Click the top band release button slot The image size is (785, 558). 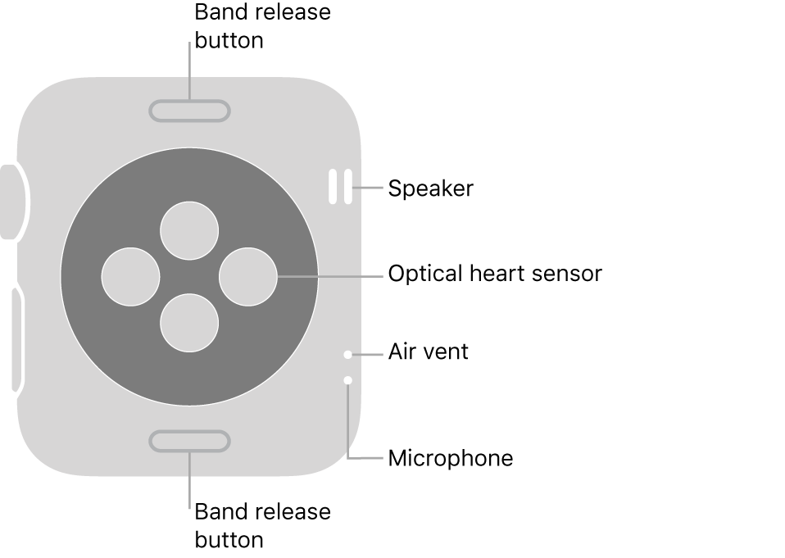click(189, 111)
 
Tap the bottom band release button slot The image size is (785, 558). click(189, 442)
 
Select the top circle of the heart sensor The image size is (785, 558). click(189, 230)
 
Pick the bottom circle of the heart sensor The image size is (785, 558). click(189, 323)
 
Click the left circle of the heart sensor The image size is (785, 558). click(130, 276)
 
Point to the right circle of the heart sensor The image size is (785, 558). click(249, 276)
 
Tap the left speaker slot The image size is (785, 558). click(334, 187)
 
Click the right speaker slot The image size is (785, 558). click(348, 187)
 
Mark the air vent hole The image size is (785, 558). click(348, 355)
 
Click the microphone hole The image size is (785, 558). click(348, 380)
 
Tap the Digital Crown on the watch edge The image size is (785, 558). click(11, 202)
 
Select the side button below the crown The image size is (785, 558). click(16, 338)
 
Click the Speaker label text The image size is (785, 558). click(430, 189)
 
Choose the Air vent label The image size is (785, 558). click(428, 352)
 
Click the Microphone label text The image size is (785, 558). click(450, 458)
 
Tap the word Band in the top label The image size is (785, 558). click(217, 13)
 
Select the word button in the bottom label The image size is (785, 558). click(229, 540)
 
